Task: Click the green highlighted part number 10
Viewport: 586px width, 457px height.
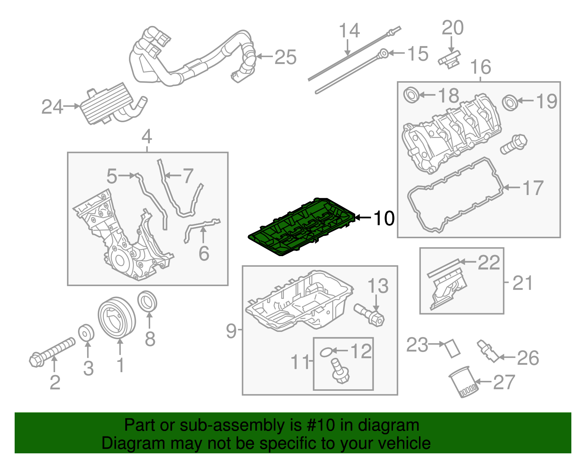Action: click(300, 227)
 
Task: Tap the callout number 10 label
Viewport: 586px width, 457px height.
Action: click(384, 218)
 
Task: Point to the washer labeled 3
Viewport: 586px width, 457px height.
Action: click(86, 332)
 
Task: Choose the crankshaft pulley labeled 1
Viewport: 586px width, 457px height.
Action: click(116, 317)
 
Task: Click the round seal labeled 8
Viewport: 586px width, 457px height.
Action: click(147, 302)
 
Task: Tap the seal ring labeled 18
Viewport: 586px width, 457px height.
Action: click(411, 95)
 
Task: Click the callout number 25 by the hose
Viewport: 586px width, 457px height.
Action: click(285, 57)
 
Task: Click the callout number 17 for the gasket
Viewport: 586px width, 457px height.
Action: click(533, 188)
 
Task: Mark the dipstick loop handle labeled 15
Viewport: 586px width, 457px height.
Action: click(383, 53)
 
